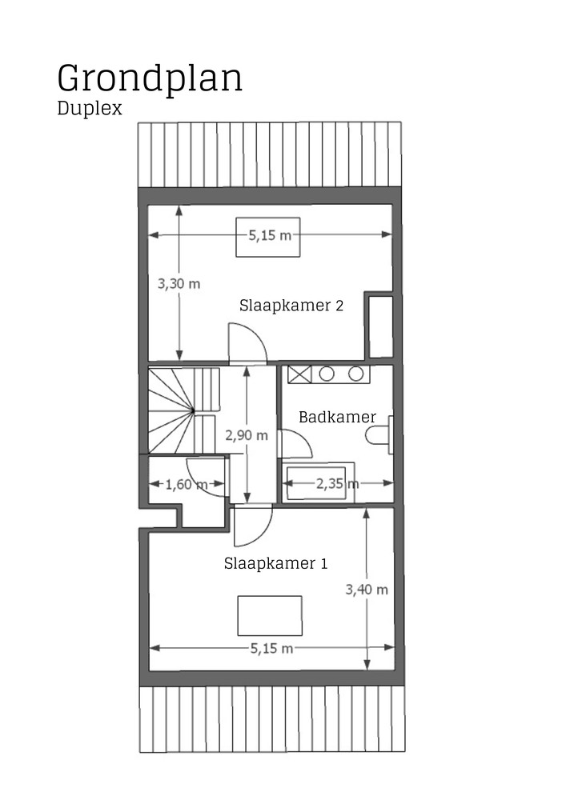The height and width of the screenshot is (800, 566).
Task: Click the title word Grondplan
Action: [150, 78]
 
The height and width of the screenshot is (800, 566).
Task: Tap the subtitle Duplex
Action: [90, 109]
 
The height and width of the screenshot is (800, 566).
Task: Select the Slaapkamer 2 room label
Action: [291, 305]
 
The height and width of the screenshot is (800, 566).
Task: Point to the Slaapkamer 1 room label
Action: [275, 563]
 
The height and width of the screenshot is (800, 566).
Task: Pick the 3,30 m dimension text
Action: [178, 283]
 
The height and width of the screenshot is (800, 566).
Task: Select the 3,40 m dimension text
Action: [366, 590]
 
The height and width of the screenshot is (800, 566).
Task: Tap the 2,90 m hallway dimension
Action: [247, 435]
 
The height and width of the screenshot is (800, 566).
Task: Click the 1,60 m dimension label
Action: [186, 484]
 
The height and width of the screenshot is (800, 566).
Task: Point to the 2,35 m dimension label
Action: [337, 483]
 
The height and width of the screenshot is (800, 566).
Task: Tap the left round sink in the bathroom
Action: [327, 374]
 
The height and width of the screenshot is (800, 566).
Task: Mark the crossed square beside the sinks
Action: [300, 374]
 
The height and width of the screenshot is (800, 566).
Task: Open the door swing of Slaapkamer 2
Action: [247, 344]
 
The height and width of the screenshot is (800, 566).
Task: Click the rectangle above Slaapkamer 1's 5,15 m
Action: [270, 615]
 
